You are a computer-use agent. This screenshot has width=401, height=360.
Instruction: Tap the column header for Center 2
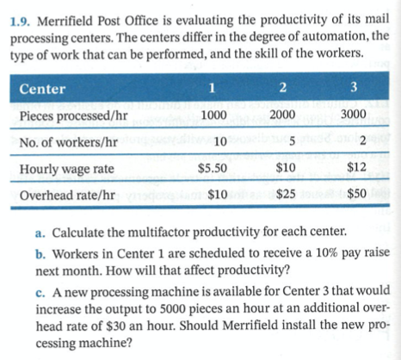click(282, 87)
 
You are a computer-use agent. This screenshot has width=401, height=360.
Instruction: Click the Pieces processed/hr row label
click(72, 115)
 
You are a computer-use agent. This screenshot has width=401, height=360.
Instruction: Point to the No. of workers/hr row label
click(71, 141)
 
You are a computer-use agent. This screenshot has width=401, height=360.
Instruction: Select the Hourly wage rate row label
click(68, 169)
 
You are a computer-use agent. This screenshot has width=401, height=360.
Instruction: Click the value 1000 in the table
click(213, 115)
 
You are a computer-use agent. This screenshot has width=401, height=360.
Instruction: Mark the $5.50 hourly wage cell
click(212, 169)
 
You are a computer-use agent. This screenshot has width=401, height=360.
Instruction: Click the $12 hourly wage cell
click(357, 169)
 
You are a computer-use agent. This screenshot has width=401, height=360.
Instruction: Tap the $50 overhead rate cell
click(357, 196)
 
